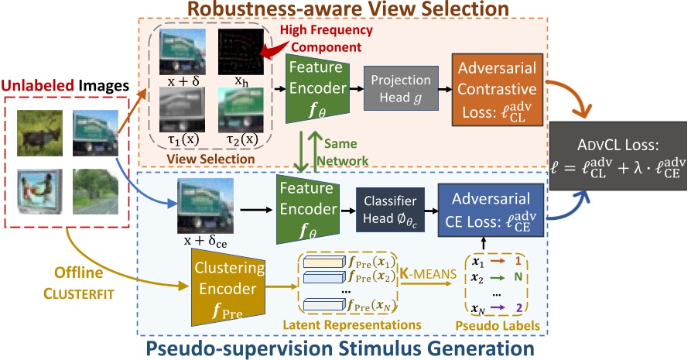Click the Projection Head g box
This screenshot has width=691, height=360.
tap(401, 89)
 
